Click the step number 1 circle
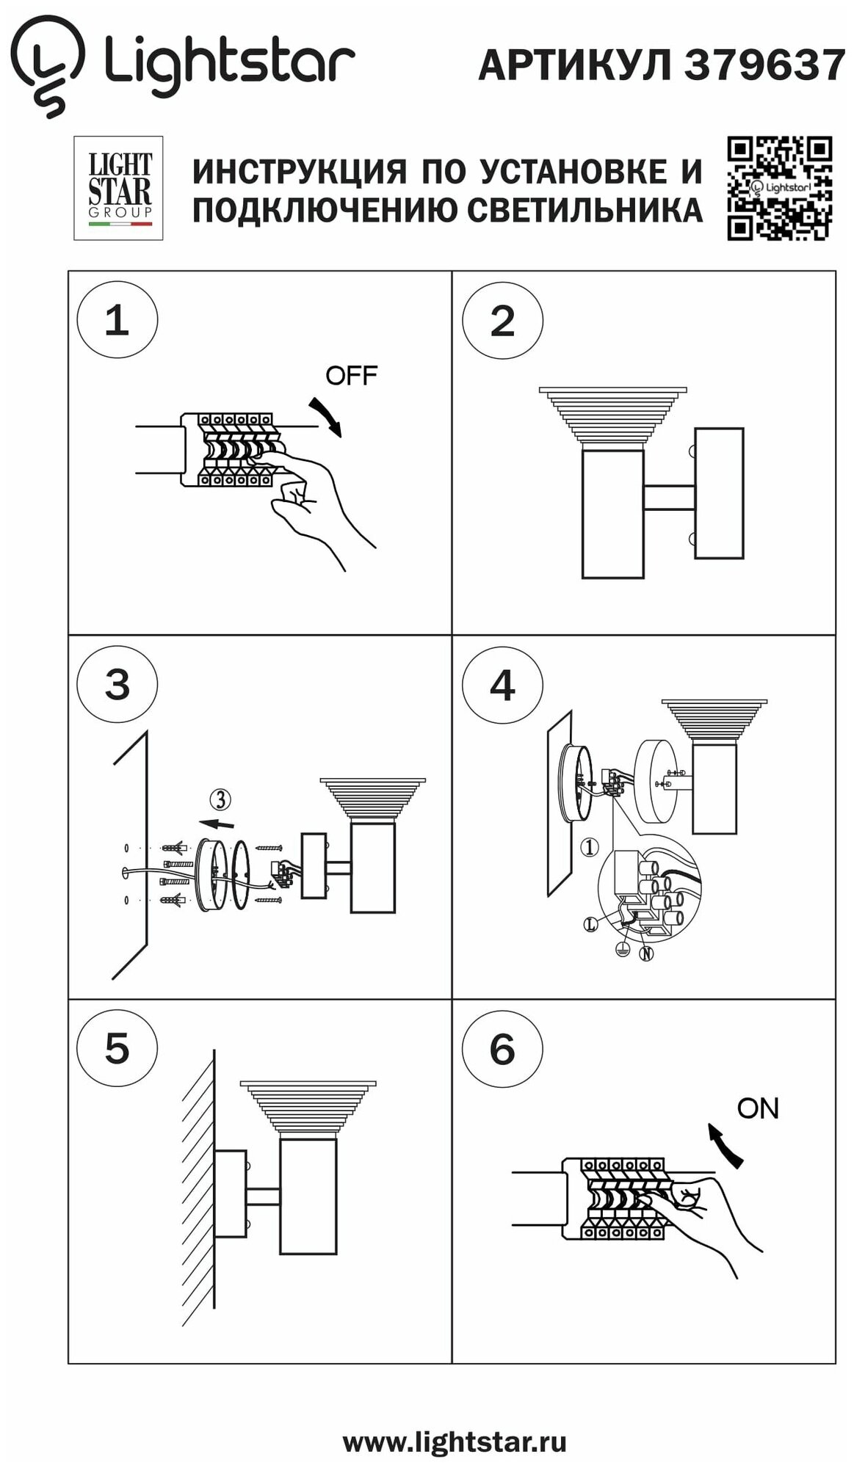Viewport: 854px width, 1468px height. coord(117,320)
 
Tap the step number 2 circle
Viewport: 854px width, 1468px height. coord(502,320)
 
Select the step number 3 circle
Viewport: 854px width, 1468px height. coord(117,685)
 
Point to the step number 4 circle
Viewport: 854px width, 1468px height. coord(502,685)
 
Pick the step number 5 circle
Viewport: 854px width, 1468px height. coord(117,1048)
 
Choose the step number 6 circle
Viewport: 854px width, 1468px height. coord(502,1048)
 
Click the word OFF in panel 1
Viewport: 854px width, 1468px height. coord(351,376)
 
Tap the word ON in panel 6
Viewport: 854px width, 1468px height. coord(757,1108)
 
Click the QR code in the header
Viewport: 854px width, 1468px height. coord(779,188)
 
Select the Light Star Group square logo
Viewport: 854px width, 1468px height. coord(118,188)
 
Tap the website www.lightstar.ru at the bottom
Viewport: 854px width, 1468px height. coord(454,1442)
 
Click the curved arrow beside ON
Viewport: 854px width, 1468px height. coord(725,1146)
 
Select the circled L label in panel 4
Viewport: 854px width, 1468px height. coord(591,925)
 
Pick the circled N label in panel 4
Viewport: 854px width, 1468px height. coord(646,953)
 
